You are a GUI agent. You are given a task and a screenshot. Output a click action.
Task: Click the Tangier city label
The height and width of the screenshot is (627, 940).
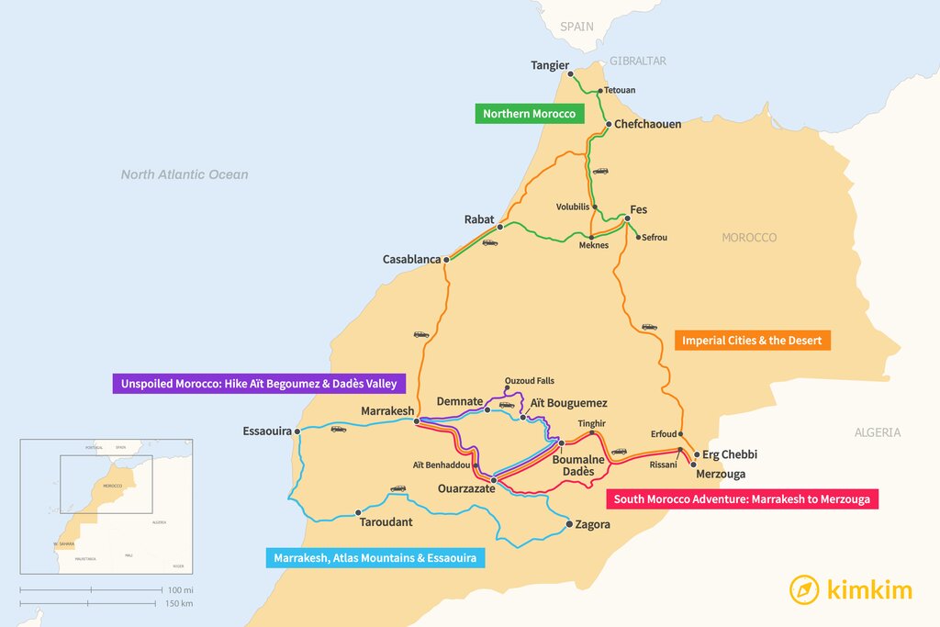(x=550, y=65)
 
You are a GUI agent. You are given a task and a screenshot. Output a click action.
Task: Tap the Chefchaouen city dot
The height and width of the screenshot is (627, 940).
(x=608, y=124)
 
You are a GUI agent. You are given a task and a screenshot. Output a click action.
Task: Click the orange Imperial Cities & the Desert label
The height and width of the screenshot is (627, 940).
(x=753, y=341)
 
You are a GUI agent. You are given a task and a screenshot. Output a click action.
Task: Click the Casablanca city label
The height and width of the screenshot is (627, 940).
(x=411, y=260)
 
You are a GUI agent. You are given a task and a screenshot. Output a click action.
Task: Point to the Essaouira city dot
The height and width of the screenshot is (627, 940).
(x=297, y=431)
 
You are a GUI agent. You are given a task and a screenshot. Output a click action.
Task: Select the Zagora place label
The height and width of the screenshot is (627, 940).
(x=592, y=525)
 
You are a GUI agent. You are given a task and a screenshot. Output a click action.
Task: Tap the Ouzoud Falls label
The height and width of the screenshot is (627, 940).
(x=530, y=381)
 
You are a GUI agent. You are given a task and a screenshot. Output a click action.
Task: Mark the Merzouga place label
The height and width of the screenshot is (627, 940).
(x=721, y=475)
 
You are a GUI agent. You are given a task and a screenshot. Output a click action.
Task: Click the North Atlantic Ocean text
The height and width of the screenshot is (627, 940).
(x=185, y=174)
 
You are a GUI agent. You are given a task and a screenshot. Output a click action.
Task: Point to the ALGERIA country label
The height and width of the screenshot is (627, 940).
(x=878, y=432)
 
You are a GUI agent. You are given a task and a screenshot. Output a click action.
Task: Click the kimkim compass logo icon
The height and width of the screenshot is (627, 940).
(x=804, y=589)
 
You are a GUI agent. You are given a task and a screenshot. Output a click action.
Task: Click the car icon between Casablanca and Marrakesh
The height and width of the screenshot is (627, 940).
(x=421, y=334)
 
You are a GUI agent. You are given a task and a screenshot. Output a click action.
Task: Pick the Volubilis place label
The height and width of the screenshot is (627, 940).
(x=573, y=207)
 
